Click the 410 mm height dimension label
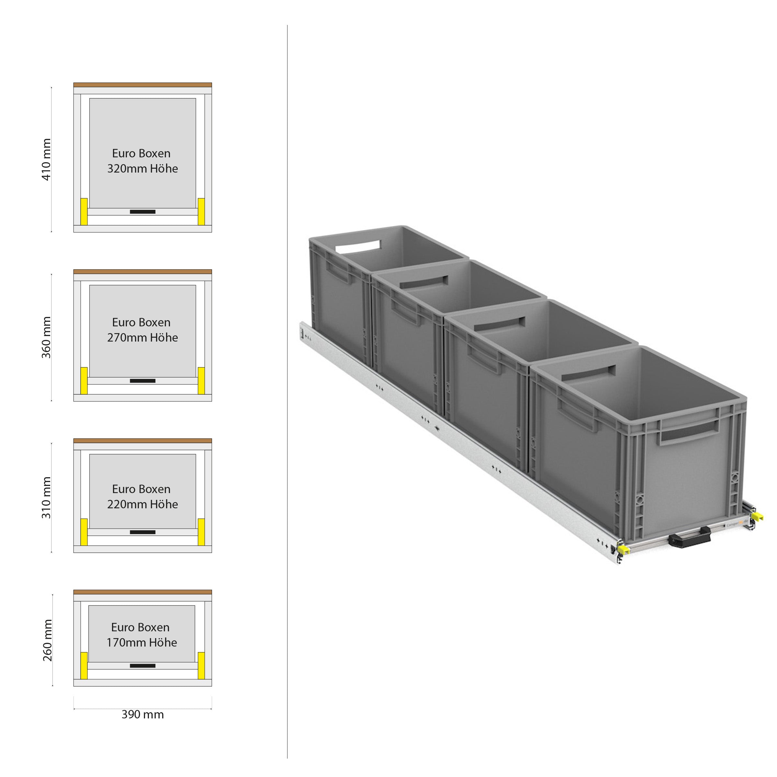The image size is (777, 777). pyautogui.click(x=47, y=159)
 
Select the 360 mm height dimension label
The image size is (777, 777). pyautogui.click(x=47, y=337)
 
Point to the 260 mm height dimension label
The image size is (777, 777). pyautogui.click(x=48, y=639)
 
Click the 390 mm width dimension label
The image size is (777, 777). pyautogui.click(x=143, y=714)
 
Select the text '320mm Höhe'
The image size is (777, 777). pyautogui.click(x=142, y=168)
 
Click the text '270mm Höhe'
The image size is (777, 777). pyautogui.click(x=142, y=337)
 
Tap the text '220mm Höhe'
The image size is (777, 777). pyautogui.click(x=142, y=504)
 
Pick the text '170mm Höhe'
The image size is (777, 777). pyautogui.click(x=141, y=642)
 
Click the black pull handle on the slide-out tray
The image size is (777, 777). pyautogui.click(x=689, y=538)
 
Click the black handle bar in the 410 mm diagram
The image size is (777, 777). pyautogui.click(x=142, y=211)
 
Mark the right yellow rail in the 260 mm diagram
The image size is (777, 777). pyautogui.click(x=201, y=665)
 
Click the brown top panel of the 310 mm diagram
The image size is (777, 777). pyautogui.click(x=142, y=441)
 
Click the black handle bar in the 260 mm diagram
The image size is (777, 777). pyautogui.click(x=142, y=666)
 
